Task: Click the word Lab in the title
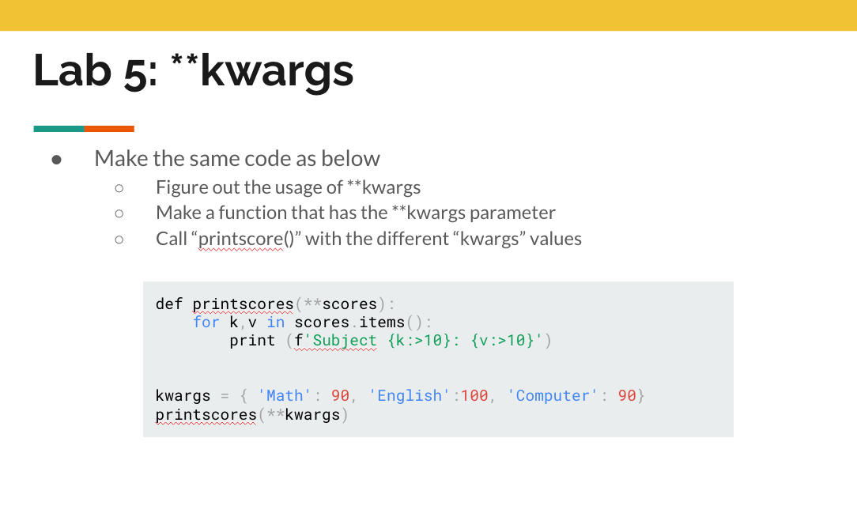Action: (73, 70)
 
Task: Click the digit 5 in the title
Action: (135, 72)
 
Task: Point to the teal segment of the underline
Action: (59, 129)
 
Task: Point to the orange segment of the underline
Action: (109, 129)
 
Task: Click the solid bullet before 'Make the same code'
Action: (56, 160)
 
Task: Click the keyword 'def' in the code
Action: (169, 304)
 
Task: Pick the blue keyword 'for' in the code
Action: (206, 323)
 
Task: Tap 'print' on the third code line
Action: (252, 341)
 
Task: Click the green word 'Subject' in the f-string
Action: (345, 341)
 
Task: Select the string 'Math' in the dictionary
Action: (284, 396)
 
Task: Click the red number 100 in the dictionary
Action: (474, 396)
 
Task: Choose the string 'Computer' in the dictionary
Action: (552, 396)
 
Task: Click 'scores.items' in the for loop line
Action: (349, 323)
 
